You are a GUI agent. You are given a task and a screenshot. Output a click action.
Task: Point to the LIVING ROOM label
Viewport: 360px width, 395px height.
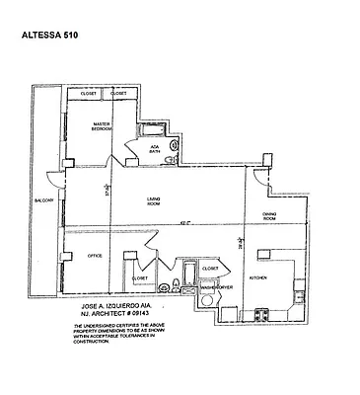coord(154,201)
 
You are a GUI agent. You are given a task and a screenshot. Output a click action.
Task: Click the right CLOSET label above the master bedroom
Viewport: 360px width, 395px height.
coord(131,94)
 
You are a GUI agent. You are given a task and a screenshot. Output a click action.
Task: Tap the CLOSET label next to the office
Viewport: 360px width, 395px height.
coord(140,278)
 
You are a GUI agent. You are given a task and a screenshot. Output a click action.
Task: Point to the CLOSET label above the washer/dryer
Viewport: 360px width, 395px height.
coord(210,268)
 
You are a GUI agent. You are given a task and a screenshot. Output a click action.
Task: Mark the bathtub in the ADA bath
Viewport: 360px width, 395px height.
coord(154,130)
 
